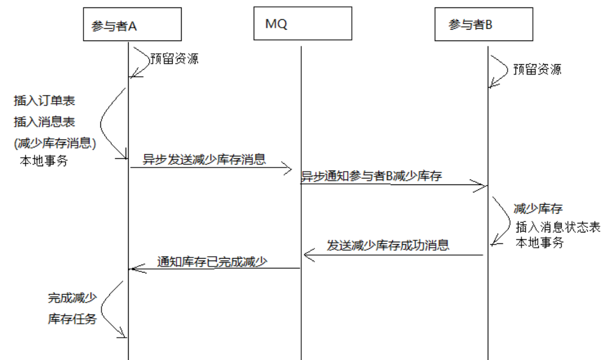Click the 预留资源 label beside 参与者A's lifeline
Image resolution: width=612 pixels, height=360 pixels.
[174, 58]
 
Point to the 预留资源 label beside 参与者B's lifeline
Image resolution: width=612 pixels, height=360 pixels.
[537, 69]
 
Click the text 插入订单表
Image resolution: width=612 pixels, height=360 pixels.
[45, 101]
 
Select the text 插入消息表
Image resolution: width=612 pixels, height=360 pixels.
[45, 122]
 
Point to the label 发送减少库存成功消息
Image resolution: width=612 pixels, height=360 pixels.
[388, 245]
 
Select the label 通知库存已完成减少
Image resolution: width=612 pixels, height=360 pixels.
[212, 262]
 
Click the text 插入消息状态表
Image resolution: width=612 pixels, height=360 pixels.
[558, 227]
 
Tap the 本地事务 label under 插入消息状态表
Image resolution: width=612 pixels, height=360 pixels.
[539, 243]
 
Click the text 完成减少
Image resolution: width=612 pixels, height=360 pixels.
[72, 298]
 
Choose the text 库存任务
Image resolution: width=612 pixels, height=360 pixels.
[72, 319]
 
